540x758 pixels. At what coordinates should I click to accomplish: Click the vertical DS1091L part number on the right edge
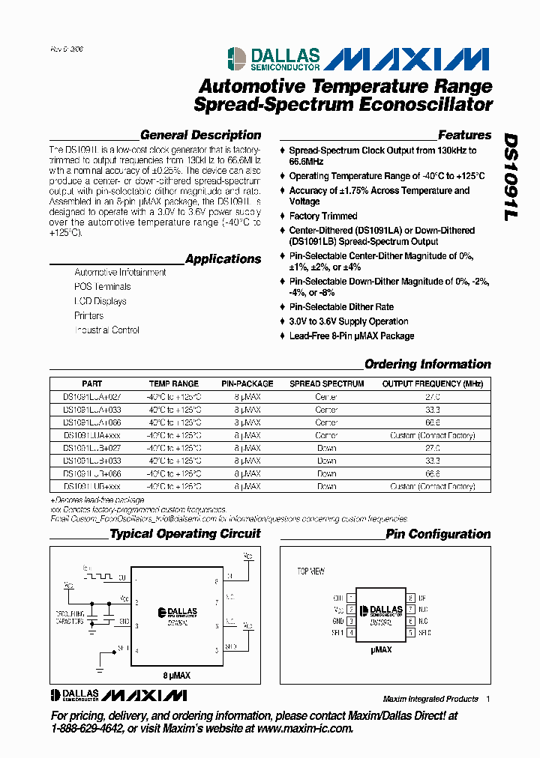point(509,177)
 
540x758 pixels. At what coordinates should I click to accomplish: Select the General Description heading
point(200,136)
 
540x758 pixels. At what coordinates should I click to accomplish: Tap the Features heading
point(464,136)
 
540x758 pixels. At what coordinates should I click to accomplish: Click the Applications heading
point(223,259)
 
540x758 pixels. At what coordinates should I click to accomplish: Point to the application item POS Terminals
point(102,287)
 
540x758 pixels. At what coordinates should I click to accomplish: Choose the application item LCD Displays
point(100,301)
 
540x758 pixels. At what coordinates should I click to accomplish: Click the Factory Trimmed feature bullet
point(323,216)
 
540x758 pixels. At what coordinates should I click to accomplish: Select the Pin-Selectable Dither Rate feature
point(341,307)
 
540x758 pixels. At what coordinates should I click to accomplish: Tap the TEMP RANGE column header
point(173,383)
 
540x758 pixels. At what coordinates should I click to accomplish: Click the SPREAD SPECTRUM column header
point(326,383)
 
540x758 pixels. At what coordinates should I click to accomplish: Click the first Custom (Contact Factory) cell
point(432,435)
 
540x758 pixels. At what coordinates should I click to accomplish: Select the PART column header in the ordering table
point(91,383)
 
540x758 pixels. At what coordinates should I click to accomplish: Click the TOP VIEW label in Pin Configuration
point(311,571)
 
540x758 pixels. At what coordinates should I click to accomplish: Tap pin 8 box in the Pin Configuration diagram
point(411,598)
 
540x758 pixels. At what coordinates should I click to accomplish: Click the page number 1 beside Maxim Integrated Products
point(487,699)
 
